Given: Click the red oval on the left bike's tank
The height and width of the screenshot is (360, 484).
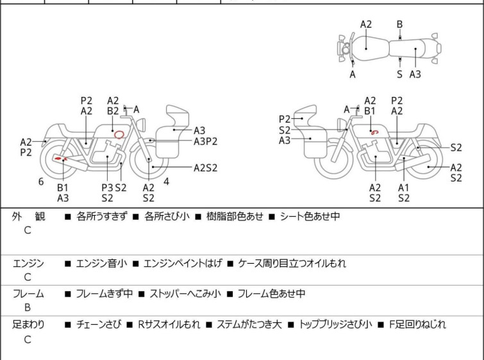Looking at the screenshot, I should [x=118, y=134].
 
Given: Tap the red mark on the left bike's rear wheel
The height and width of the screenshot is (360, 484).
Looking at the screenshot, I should [x=60, y=158].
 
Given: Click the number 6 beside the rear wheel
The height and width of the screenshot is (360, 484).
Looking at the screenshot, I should [x=41, y=182].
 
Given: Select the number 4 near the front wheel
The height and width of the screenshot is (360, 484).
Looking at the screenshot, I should [x=166, y=182].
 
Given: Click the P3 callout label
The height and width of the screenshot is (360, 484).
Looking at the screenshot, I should [x=108, y=187].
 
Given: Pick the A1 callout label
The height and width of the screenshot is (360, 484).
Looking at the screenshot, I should [x=403, y=187].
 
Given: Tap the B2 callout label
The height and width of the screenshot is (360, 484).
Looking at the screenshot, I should [x=113, y=111].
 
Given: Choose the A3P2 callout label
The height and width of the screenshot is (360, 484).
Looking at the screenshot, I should [x=205, y=141].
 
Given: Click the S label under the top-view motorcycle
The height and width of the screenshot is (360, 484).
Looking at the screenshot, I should [x=399, y=74].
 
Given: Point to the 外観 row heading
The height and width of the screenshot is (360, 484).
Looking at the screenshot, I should [x=28, y=217].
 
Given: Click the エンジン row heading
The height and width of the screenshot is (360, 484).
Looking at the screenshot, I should [x=28, y=263].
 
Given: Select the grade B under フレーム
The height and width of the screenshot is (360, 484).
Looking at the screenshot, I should [x=28, y=307].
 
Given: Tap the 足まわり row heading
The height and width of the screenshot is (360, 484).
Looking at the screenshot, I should [x=28, y=325].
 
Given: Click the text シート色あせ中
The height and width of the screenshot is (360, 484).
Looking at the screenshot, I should [x=310, y=217].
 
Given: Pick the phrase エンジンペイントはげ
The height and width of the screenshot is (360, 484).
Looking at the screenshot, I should [x=183, y=263].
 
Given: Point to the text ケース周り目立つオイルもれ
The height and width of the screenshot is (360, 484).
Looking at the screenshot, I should [x=292, y=263].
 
